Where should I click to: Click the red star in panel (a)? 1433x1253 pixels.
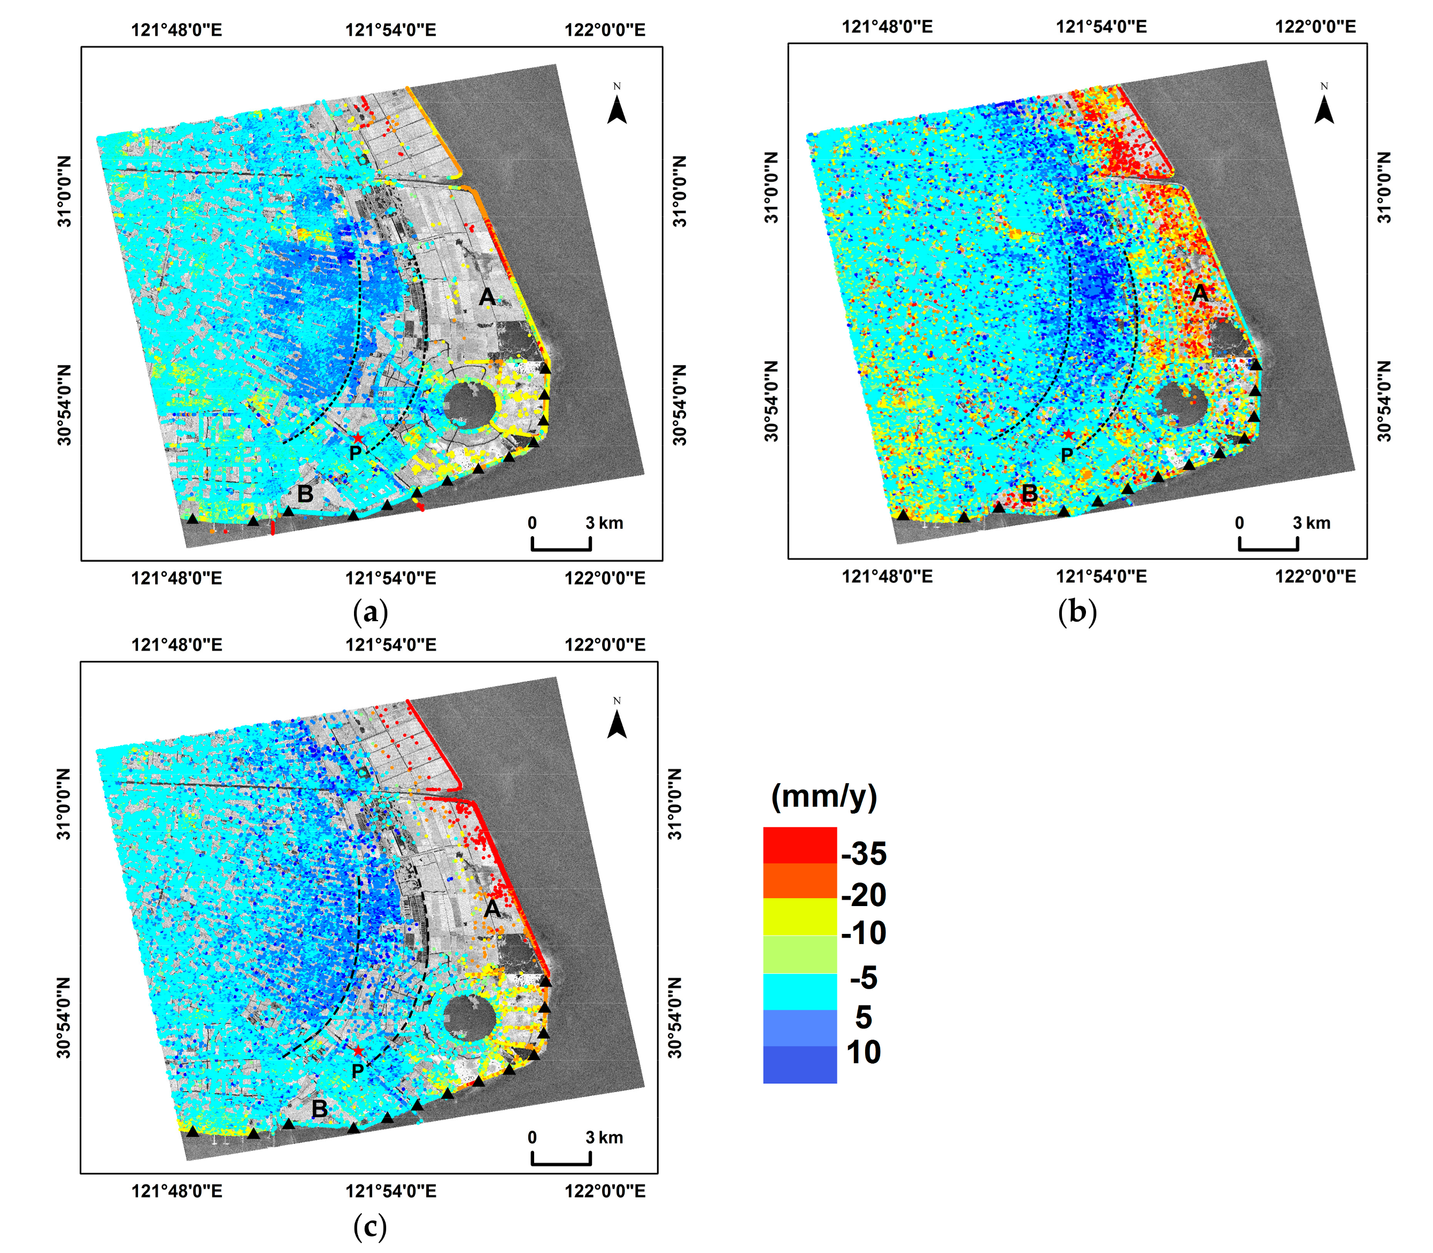coord(357,438)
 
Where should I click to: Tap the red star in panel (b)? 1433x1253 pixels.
coord(1068,434)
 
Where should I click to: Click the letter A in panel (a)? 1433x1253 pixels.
coord(488,298)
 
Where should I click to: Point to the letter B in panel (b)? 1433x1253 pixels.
coord(1029,493)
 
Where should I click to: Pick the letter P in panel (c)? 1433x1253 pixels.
coord(357,1071)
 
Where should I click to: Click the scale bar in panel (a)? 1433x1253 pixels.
coord(561,543)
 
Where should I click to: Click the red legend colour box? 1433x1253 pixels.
coord(799,845)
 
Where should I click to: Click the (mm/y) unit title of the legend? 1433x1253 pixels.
coord(824,796)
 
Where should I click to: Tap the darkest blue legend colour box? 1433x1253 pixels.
coord(799,1064)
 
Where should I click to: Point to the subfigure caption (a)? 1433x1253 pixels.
coord(371,613)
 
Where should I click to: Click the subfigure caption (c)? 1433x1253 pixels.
coord(370,1226)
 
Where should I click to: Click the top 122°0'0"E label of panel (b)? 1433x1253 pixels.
coord(1315,27)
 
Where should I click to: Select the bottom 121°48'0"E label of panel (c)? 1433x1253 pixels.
coord(177,1191)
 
